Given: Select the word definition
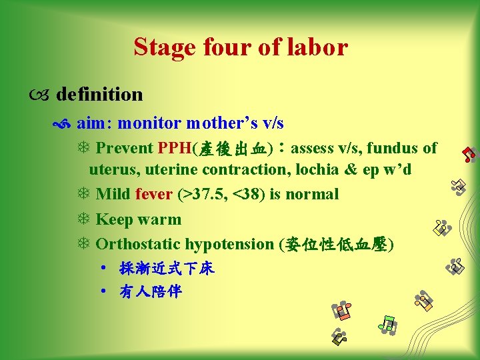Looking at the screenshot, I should click(x=99, y=95).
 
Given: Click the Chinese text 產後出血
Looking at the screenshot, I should click(x=231, y=148).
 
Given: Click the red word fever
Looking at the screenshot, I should click(x=153, y=195).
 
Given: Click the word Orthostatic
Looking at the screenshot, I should click(x=138, y=244).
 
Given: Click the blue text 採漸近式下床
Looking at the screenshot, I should click(x=167, y=269).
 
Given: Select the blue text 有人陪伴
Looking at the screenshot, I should click(x=151, y=292).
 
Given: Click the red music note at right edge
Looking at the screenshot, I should click(x=469, y=154).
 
